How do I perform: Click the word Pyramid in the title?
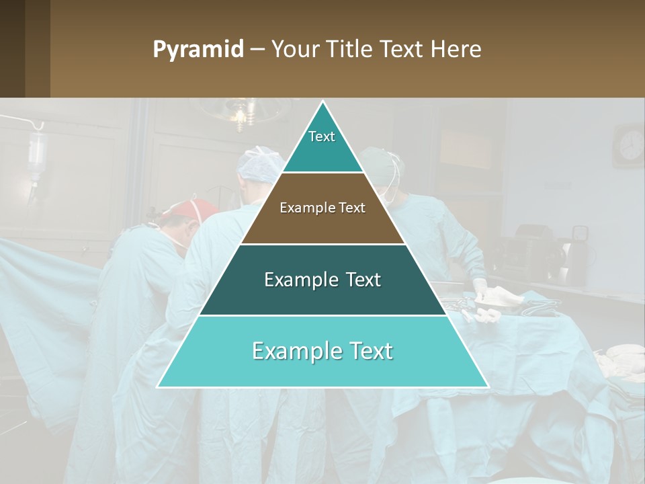click(x=198, y=50)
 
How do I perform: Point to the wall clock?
click(x=630, y=145)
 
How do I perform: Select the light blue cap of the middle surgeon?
click(x=259, y=163)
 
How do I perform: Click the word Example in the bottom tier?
click(x=291, y=351)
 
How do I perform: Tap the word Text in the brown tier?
click(x=351, y=208)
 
